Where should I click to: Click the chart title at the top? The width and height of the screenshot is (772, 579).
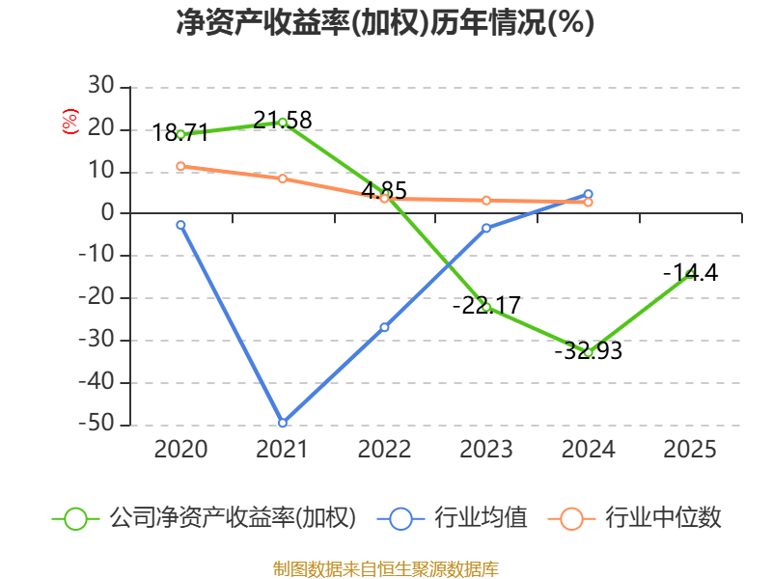pos(385,22)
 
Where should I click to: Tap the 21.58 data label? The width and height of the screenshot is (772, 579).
pos(283,120)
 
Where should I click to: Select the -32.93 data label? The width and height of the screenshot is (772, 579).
pos(589,350)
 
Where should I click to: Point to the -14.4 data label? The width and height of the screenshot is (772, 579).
pos(690,272)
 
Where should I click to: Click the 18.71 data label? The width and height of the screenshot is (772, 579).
pos(179,132)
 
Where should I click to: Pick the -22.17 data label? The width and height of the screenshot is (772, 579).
pos(486,305)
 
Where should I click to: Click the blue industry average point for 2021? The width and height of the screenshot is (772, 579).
pos(283,423)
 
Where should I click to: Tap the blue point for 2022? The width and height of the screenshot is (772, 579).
pos(384,327)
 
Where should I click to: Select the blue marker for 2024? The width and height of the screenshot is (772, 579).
pos(589,194)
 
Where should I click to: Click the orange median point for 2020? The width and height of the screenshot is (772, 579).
pos(180,166)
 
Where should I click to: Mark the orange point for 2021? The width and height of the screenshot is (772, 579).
pos(283,179)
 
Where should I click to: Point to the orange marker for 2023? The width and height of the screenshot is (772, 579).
pos(486,201)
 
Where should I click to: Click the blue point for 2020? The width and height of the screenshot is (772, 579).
pos(180,225)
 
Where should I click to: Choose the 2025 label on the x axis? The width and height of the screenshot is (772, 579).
pos(690,449)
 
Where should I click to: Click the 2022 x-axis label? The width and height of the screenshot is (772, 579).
pos(384,449)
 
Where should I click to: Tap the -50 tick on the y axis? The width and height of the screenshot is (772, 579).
pos(96,424)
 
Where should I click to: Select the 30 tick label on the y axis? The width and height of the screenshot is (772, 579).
pos(101,86)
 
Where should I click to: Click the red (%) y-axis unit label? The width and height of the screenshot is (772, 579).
pos(69,122)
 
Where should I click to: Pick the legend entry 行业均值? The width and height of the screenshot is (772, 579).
pos(453,518)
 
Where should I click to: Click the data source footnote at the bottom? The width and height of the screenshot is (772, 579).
pos(386,569)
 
